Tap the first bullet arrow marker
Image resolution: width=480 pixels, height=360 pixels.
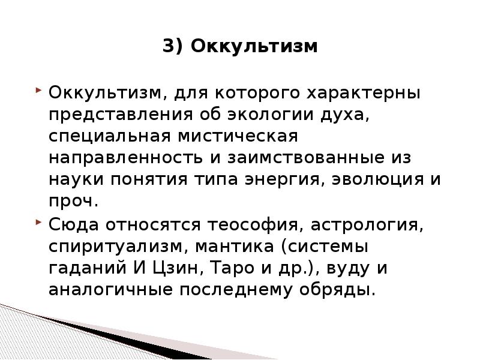pyautogui.click(x=39, y=92)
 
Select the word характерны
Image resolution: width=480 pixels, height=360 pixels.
pyautogui.click(x=364, y=94)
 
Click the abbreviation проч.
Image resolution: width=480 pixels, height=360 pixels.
pyautogui.click(x=72, y=201)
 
